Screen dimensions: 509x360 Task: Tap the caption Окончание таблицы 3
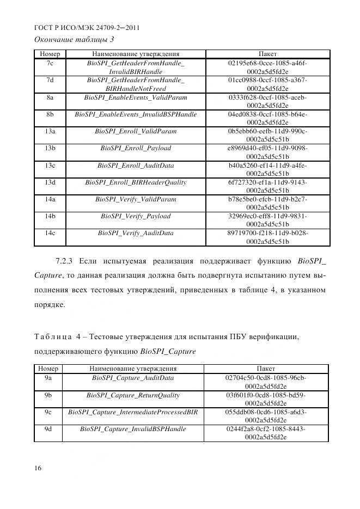[x=74, y=39]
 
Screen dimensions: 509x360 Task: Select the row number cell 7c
[x=50, y=63]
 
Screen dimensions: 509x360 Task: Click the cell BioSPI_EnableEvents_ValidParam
[x=136, y=97]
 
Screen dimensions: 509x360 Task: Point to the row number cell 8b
[x=50, y=114]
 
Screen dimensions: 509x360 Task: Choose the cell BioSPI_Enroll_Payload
[x=136, y=148]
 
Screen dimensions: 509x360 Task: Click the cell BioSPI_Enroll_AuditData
[x=136, y=165]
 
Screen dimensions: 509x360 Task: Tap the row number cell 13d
[x=50, y=182]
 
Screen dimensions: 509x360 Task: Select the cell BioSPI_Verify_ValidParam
[x=136, y=199]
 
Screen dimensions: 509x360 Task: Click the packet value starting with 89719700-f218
[x=267, y=237]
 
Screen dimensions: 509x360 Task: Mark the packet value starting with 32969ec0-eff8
[x=267, y=220]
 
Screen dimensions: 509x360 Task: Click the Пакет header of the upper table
[x=267, y=54]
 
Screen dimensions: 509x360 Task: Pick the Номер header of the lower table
[x=48, y=369]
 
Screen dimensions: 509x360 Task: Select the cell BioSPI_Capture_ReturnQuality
[x=133, y=395]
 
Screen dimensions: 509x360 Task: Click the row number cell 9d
[x=48, y=429]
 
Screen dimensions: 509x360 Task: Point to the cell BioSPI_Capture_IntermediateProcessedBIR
[x=133, y=412]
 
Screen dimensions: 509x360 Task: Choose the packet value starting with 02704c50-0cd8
[x=266, y=382]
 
